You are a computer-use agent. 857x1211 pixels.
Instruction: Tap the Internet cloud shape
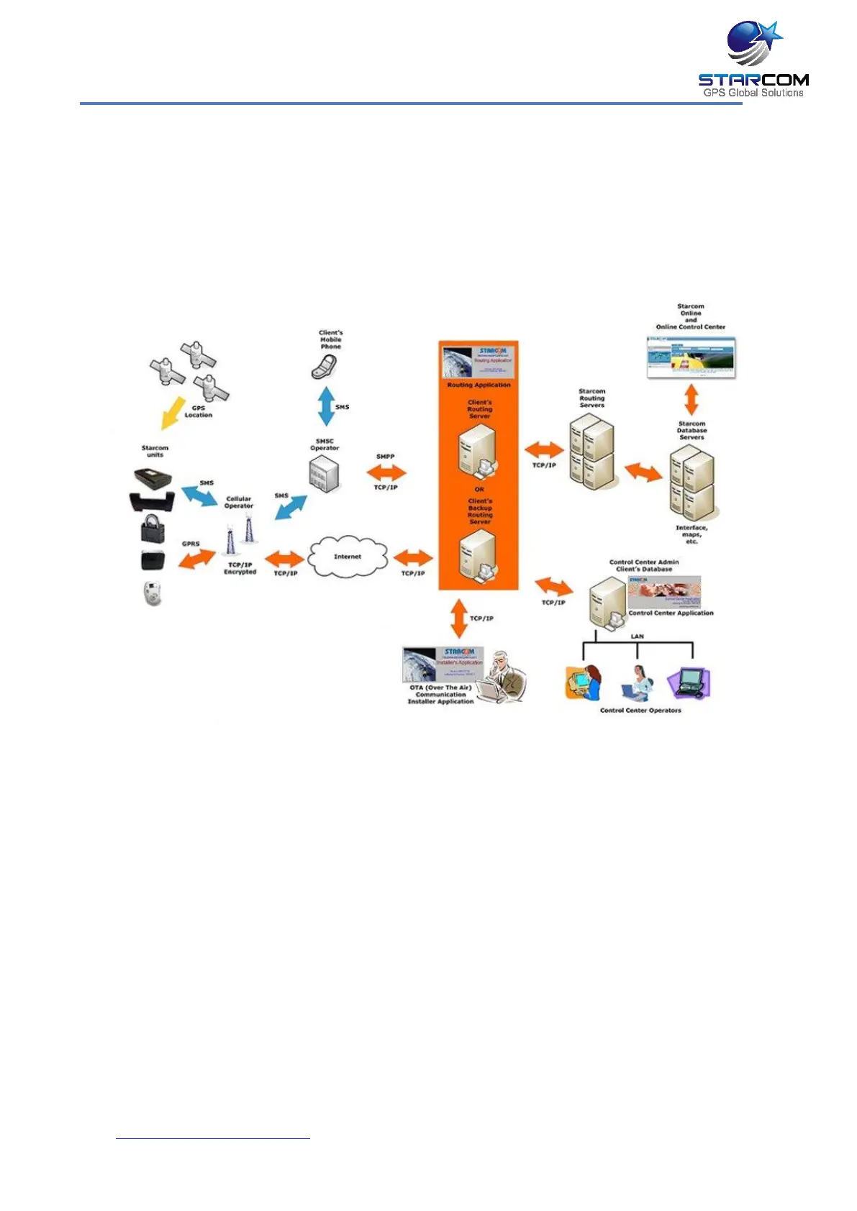pos(348,557)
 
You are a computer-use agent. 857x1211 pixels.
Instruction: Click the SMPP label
pos(385,457)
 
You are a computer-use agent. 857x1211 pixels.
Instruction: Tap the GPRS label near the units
pos(191,544)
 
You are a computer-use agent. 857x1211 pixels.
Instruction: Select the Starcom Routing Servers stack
pos(592,452)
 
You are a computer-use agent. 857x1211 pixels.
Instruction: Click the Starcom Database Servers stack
pos(692,483)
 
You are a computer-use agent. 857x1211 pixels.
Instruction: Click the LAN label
pos(637,636)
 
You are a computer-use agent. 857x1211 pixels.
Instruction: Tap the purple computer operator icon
pos(689,682)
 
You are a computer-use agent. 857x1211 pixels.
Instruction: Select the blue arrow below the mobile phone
pos(326,406)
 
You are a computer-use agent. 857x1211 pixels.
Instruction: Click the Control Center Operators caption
pos(640,710)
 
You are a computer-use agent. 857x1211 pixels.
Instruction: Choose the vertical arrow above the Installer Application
pos(458,618)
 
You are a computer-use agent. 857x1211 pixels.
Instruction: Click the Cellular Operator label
pos(239,502)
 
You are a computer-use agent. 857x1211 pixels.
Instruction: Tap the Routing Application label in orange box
pos(479,385)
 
